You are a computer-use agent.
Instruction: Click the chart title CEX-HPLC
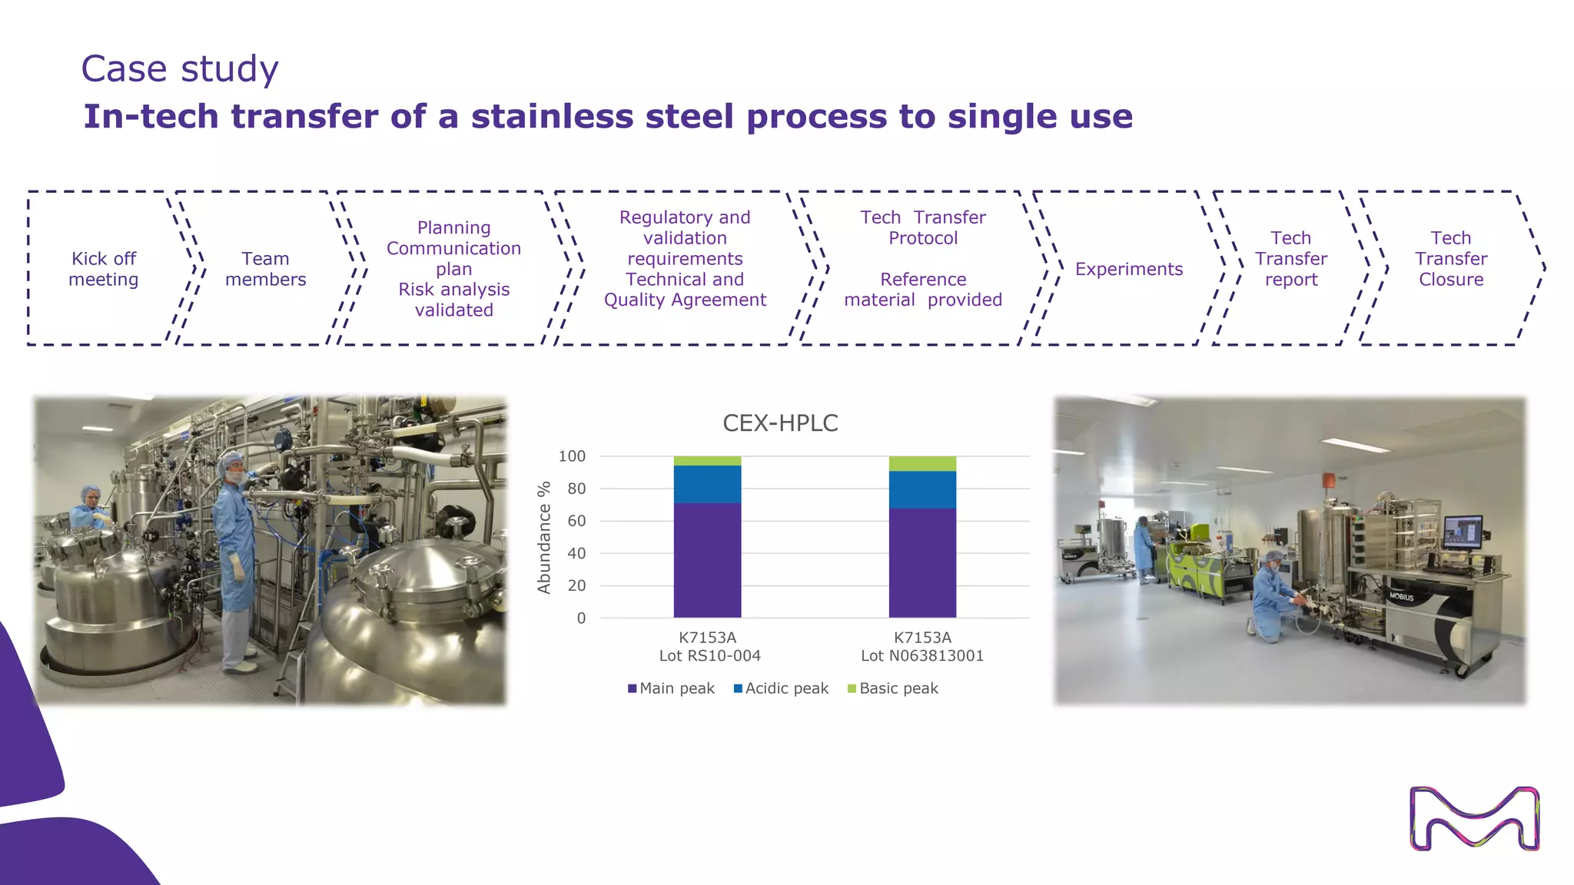(780, 423)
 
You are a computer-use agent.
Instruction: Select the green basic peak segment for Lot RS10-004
(707, 461)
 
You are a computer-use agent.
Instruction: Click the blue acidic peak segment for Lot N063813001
(922, 490)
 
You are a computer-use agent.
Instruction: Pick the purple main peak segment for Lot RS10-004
(707, 561)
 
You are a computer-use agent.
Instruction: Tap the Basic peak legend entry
(893, 688)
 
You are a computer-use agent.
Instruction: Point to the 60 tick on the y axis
(576, 521)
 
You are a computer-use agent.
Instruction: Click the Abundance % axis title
(544, 538)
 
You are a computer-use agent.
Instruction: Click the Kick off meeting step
(104, 269)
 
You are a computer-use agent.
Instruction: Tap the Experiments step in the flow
(1128, 269)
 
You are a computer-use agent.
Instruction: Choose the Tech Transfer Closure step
(1450, 259)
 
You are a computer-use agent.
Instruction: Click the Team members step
(265, 269)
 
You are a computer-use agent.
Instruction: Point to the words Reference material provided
(922, 290)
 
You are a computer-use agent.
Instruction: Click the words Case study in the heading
(180, 69)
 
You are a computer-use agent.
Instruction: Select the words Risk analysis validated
(453, 300)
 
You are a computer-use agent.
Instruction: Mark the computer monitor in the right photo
(1463, 531)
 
